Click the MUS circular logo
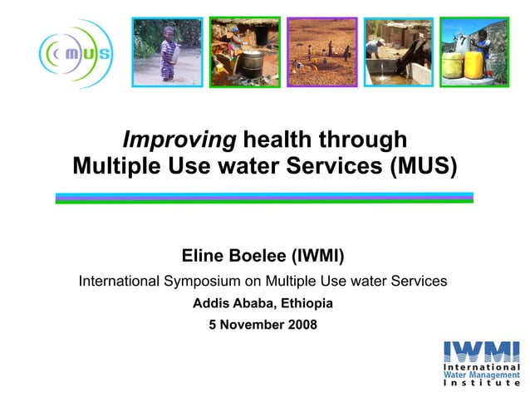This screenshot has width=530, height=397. coord(74,54)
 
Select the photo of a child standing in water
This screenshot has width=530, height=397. coord(167,51)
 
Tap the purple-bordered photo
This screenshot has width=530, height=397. coord(321,51)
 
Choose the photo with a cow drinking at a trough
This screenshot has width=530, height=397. coord(399,51)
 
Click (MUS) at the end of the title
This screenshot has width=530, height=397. coord(422,166)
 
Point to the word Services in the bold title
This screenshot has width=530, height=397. coord(335,166)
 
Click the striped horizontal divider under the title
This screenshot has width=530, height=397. coord(264,198)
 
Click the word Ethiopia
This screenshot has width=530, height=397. coord(307,303)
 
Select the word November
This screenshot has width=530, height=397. coord(251,325)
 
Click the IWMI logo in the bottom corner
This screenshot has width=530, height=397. coord(482,362)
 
